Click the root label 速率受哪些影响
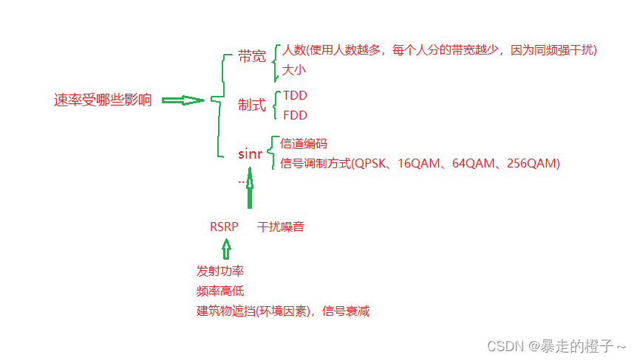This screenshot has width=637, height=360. (x=103, y=101)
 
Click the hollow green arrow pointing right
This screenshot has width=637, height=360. (x=183, y=100)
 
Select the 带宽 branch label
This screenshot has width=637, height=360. (x=252, y=57)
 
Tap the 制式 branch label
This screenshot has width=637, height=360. (x=252, y=105)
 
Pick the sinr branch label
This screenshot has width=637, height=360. (x=250, y=154)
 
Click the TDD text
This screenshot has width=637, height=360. (x=296, y=96)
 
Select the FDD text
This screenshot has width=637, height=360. (x=295, y=115)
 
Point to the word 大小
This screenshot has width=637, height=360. (x=293, y=71)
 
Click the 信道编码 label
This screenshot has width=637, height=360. (x=304, y=144)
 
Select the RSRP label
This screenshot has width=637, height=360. (x=224, y=226)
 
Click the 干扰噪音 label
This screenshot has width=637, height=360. (x=281, y=226)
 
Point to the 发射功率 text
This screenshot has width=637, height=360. (x=220, y=271)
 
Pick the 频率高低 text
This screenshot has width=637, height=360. (x=220, y=291)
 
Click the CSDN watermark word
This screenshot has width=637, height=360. (x=505, y=345)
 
